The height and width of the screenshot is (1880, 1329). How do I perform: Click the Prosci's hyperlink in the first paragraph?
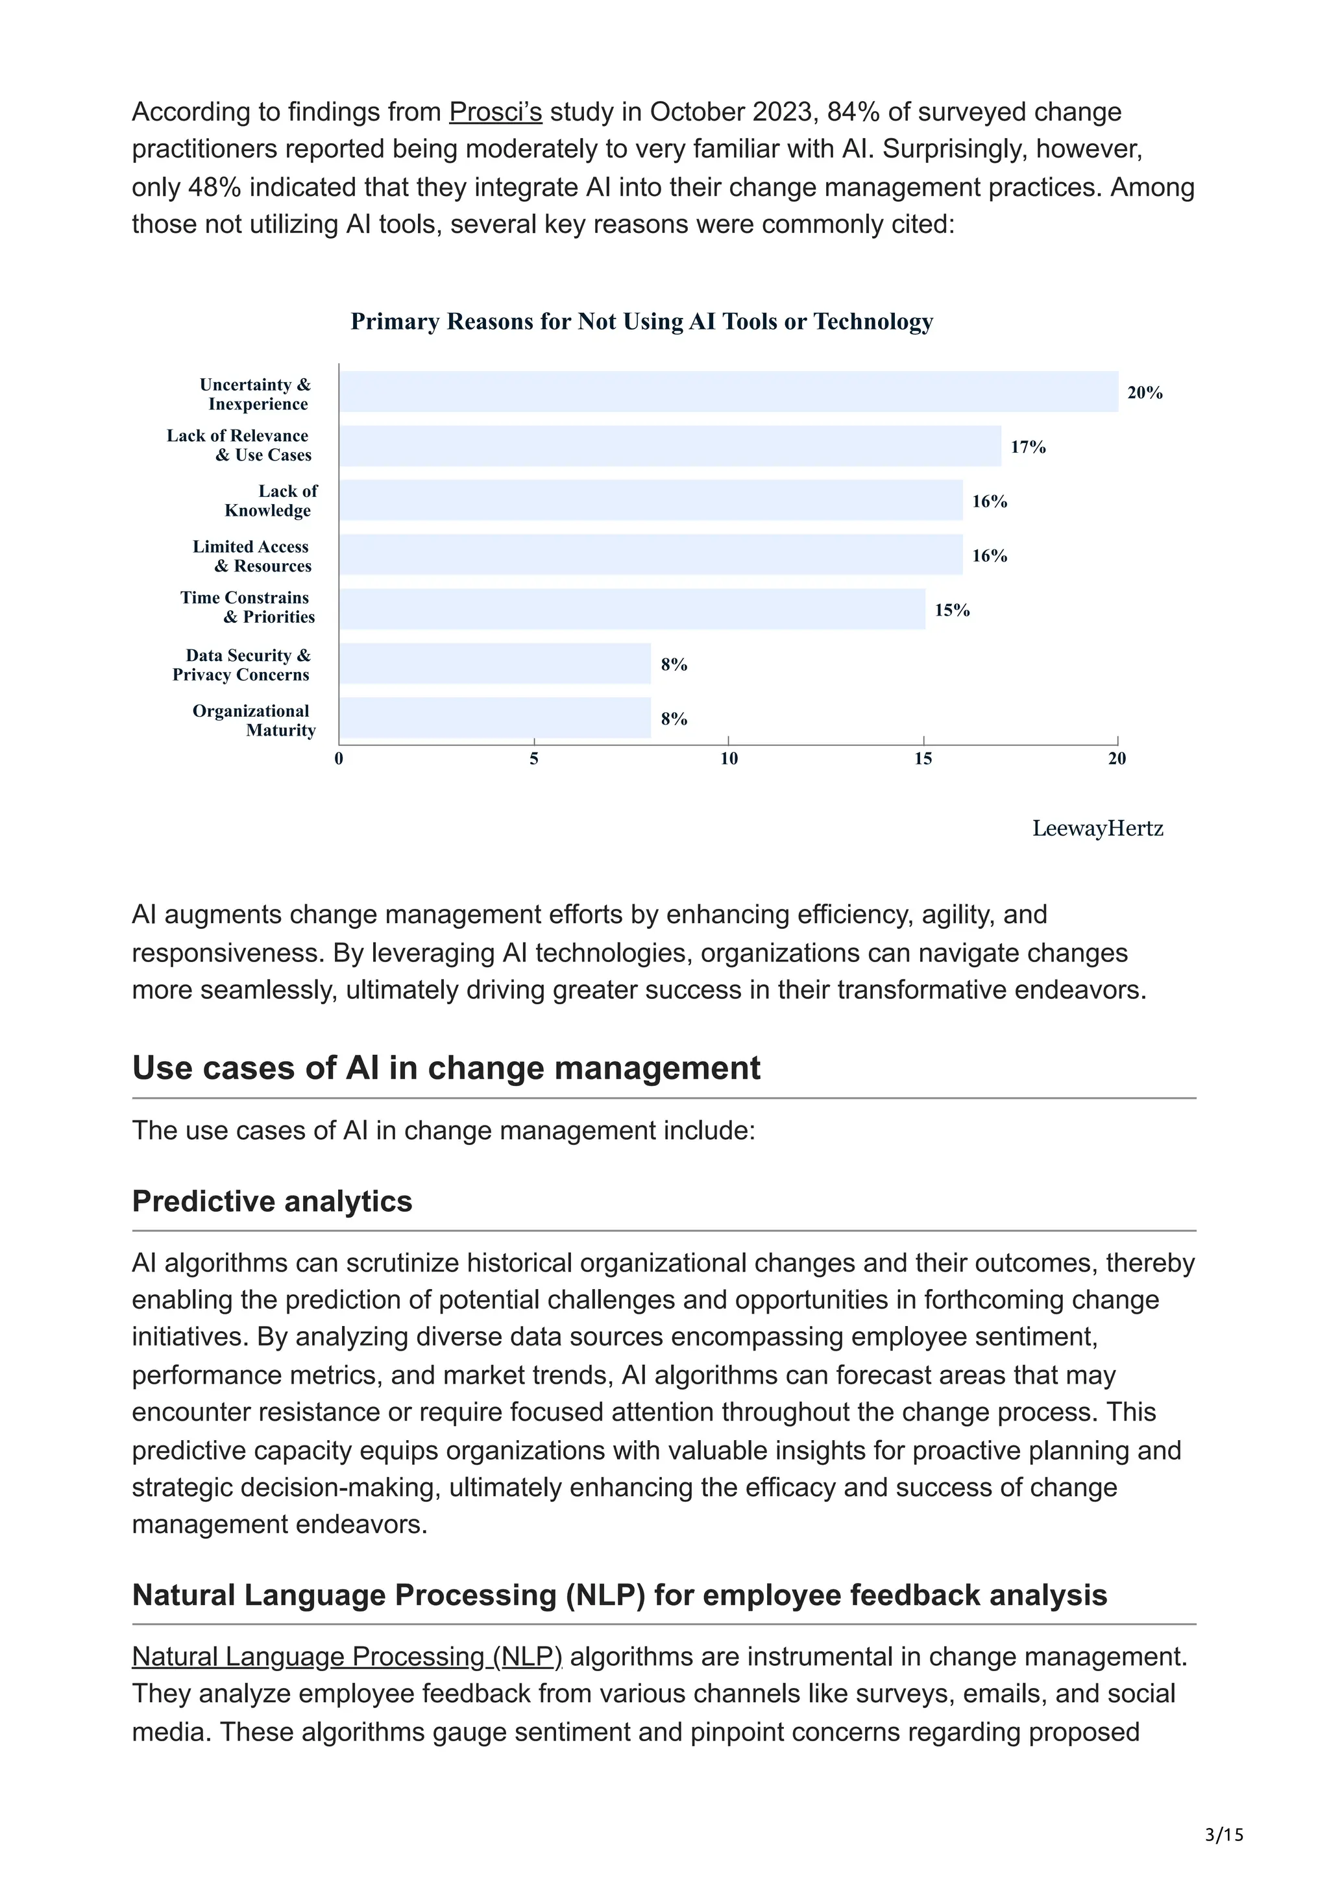(495, 112)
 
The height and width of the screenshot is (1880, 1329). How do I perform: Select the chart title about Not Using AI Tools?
(641, 322)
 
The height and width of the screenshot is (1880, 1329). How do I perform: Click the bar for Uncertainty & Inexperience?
(729, 391)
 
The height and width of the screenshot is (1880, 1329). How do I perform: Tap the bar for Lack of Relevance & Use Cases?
(670, 446)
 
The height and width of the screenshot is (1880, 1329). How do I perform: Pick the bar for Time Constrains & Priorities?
(632, 609)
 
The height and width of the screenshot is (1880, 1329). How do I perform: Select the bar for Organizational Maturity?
(495, 718)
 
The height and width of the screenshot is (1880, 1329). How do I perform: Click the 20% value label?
(1144, 393)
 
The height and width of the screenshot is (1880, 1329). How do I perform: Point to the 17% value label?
(1028, 447)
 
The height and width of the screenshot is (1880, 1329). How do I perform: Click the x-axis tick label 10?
(729, 759)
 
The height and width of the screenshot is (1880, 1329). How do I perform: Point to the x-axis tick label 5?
(534, 759)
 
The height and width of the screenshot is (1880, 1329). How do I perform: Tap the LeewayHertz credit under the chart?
(1097, 828)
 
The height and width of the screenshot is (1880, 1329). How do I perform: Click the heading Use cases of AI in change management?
(446, 1068)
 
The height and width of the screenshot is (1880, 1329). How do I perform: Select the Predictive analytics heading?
(272, 1201)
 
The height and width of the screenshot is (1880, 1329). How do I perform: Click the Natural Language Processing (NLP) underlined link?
(347, 1656)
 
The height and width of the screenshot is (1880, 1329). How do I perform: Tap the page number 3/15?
(1223, 1835)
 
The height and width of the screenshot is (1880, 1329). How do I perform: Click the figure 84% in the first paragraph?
(854, 112)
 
